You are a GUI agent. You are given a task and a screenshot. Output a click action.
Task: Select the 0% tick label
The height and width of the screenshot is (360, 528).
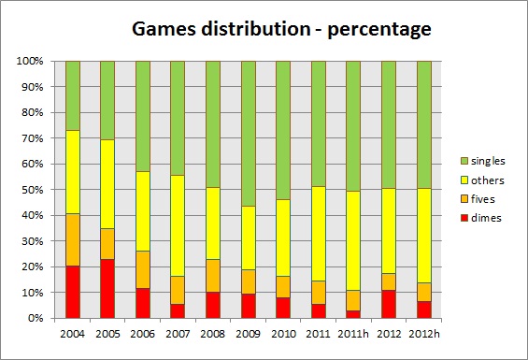tap(36, 318)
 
